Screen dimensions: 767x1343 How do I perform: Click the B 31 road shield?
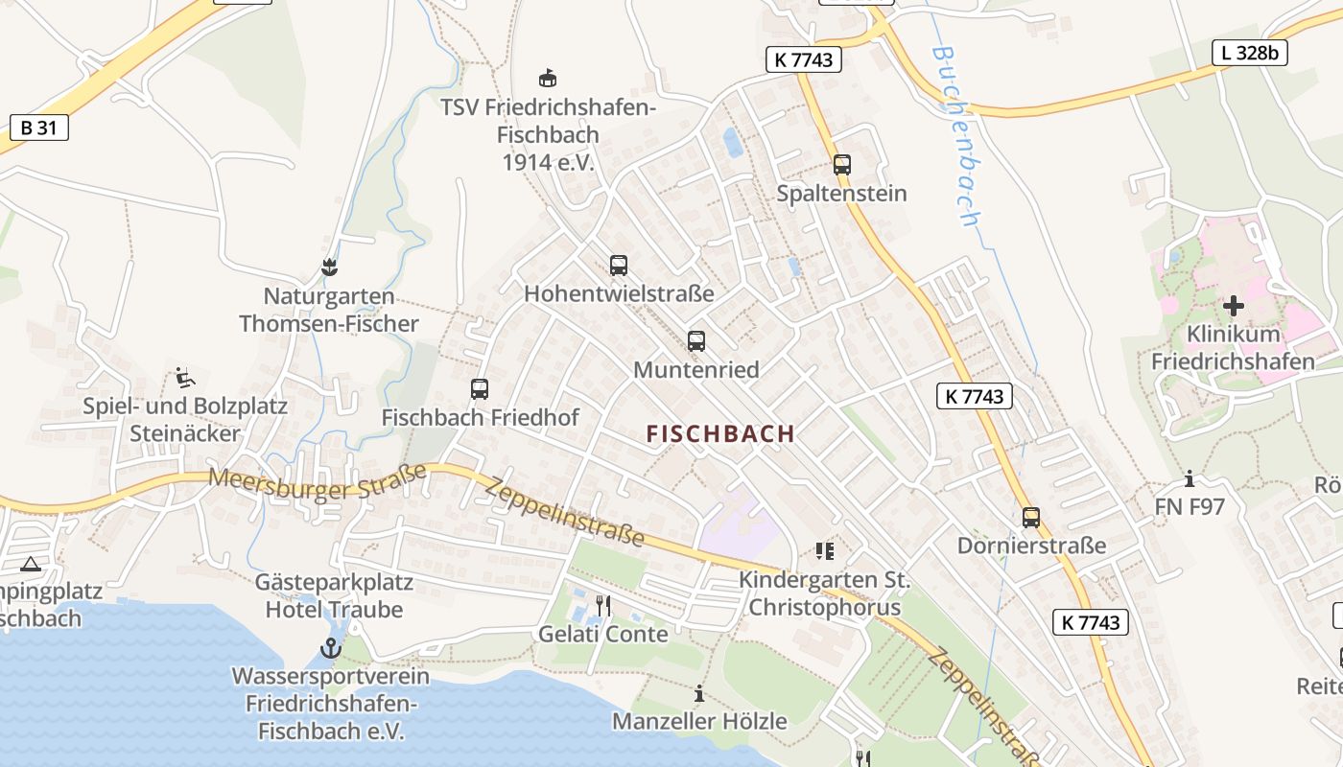38,128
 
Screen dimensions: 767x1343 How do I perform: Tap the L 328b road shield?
1250,53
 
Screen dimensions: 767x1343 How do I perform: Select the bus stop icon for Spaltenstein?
841,164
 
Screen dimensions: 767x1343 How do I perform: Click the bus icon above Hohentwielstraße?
619,265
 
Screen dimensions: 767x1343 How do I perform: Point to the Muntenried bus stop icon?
696,340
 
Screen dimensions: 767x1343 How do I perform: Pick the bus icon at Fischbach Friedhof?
480,388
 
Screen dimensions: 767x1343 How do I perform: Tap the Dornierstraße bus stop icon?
1031,517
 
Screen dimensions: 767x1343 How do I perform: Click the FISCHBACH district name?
720,433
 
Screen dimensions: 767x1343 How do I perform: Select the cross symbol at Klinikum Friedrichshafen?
1234,306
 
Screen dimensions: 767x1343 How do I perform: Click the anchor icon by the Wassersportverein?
330,648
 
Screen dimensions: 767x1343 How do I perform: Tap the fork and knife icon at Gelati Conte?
603,605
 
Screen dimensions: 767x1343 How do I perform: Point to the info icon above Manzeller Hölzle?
699,693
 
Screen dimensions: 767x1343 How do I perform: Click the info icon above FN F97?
1190,478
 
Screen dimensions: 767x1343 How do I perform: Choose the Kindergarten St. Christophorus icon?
824,550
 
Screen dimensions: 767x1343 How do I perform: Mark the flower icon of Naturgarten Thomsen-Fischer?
329,267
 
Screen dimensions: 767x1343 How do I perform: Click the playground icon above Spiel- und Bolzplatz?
185,377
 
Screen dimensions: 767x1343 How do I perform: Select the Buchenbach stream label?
956,134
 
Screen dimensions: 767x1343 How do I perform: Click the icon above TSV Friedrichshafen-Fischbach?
548,78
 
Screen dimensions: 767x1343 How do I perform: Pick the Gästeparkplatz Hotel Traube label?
334,595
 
